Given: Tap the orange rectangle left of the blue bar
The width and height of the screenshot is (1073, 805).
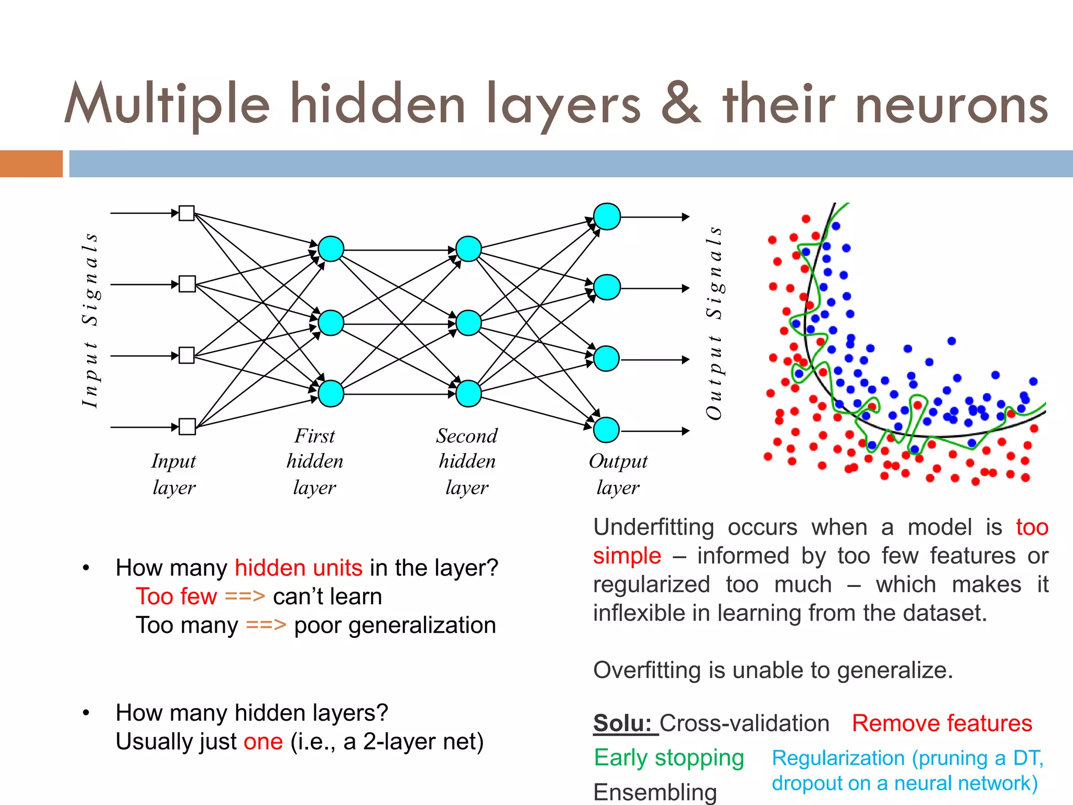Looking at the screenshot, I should point(31,164).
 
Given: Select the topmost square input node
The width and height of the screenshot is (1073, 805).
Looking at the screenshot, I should point(187,213).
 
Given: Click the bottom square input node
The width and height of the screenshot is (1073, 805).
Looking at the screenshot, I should point(187,427).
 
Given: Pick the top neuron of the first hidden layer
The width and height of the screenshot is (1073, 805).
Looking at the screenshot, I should point(331,249).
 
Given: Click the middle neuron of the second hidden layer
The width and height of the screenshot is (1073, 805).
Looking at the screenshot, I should point(468,323).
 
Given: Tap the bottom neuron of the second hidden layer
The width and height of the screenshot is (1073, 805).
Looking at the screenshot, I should point(468,394).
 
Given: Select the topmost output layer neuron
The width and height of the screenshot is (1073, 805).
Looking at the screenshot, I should point(607,216).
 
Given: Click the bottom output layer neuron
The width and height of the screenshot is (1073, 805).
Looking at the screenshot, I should point(606,430).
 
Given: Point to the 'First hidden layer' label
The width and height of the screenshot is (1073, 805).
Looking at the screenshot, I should point(314,461).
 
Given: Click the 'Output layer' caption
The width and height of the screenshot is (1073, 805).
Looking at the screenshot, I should point(618,474).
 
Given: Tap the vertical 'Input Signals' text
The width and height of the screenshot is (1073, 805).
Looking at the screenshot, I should point(90,320).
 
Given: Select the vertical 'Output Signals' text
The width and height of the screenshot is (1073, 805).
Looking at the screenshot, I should point(715,322).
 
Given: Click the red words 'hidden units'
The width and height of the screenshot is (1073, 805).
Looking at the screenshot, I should point(298,568).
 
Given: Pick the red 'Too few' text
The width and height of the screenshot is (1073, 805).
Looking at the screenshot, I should point(176,597).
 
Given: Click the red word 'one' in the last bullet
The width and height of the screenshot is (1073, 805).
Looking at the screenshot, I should point(263,742).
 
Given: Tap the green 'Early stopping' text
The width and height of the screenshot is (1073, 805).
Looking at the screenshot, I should point(669,758).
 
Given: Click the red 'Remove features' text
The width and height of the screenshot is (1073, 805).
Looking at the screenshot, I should point(941,723).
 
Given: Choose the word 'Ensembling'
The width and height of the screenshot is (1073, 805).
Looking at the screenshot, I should point(655,792).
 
